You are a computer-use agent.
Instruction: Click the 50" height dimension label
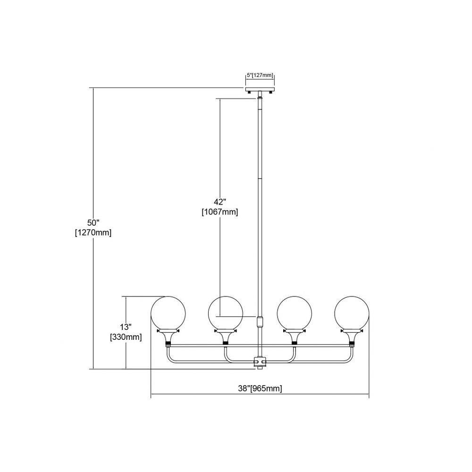click(x=93, y=223)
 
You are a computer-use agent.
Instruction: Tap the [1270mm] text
click(x=93, y=233)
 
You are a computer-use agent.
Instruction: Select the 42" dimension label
click(x=220, y=202)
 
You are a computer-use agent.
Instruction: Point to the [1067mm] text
click(x=220, y=212)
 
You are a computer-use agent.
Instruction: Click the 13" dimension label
click(x=126, y=327)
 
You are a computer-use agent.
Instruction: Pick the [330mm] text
click(x=126, y=337)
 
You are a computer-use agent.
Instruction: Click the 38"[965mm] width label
click(x=260, y=388)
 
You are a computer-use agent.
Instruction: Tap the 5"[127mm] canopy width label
click(x=260, y=75)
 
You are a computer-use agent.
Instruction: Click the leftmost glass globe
click(x=169, y=313)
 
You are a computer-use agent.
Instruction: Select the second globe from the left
click(x=226, y=313)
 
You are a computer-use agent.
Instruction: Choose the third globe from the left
click(x=295, y=313)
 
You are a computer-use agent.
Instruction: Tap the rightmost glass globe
click(x=352, y=313)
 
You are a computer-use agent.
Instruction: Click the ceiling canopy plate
click(x=260, y=90)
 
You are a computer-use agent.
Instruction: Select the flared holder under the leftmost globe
click(x=169, y=337)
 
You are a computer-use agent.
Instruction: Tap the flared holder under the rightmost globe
click(x=352, y=337)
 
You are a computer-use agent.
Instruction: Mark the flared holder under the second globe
click(x=226, y=337)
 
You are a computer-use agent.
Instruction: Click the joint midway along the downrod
click(x=260, y=178)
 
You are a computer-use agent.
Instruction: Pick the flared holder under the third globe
click(x=295, y=337)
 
